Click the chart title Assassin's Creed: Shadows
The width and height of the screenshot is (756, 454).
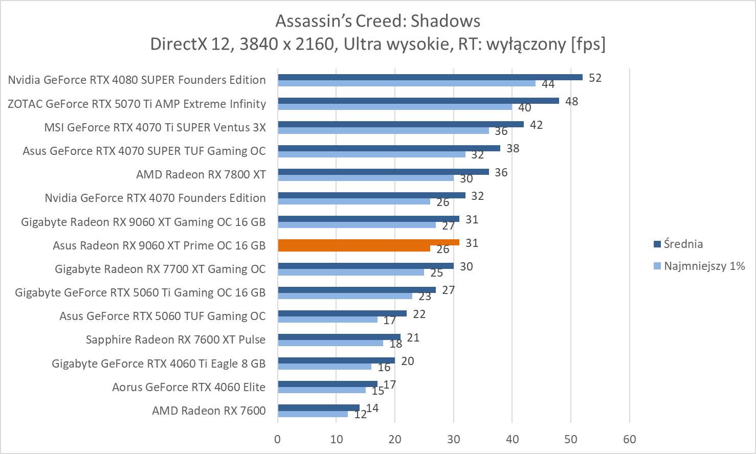tap(377, 21)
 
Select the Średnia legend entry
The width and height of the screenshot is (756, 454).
tap(683, 244)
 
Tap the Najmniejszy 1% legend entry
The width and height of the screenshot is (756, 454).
tap(704, 266)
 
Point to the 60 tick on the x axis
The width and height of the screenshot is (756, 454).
tap(630, 440)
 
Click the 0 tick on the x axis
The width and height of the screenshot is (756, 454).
tap(278, 440)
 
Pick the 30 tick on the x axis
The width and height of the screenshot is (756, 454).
tap(453, 440)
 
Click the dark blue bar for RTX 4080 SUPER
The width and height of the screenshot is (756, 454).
tap(430, 77)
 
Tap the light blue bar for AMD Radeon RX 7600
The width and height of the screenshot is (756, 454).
tap(313, 414)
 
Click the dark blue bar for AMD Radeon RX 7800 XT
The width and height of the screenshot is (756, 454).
tap(383, 172)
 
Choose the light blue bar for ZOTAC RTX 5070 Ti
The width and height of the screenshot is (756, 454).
tap(394, 107)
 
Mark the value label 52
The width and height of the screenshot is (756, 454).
tap(595, 78)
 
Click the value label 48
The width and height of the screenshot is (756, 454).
tap(571, 101)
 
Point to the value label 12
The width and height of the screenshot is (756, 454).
tap(360, 415)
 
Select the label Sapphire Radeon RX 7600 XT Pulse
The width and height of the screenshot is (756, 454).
tap(175, 339)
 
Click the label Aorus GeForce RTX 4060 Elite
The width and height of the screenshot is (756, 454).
tap(189, 387)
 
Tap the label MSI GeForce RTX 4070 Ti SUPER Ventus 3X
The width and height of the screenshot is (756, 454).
tap(155, 127)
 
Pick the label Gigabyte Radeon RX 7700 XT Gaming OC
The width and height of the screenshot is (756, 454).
tap(160, 269)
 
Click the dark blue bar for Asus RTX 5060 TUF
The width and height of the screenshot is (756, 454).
tap(342, 313)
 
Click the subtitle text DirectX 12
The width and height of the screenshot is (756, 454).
tap(188, 44)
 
